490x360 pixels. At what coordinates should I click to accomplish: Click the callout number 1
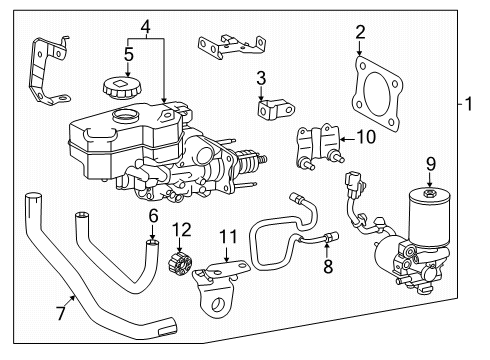point(468,104)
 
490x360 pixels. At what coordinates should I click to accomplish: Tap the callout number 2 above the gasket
point(360,32)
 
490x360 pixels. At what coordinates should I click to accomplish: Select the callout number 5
point(129,54)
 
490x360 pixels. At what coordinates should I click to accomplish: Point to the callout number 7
point(61,313)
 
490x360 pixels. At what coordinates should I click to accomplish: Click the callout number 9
point(431,164)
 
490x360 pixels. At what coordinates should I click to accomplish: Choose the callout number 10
point(366,137)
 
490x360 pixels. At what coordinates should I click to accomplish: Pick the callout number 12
point(182,230)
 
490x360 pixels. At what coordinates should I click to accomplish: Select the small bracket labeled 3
point(275,109)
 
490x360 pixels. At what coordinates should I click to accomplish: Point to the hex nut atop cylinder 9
point(429,193)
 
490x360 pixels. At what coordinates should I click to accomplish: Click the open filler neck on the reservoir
point(125,116)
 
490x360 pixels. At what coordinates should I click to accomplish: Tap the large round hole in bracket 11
point(219,304)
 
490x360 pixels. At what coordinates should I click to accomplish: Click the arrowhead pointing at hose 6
point(152,237)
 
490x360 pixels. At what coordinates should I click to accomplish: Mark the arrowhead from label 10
point(343,139)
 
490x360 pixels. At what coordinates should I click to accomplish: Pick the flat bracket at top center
point(232,46)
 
